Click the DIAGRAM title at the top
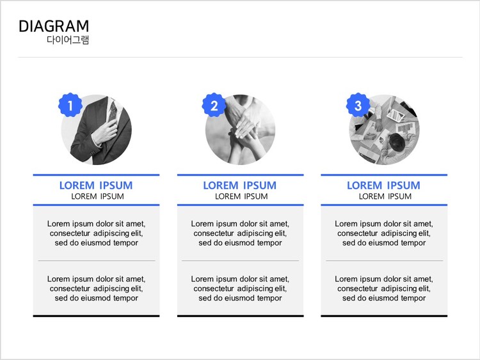(54, 26)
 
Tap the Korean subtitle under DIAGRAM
(68, 40)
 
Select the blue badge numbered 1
(70, 105)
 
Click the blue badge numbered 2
(214, 105)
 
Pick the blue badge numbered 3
(358, 105)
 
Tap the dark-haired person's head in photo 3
(397, 141)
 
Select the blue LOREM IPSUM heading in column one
(96, 185)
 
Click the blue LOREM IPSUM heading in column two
(240, 185)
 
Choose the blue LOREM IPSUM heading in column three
(383, 185)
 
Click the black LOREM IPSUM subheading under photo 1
(98, 196)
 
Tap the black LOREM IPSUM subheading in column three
(385, 196)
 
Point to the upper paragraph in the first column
(97, 233)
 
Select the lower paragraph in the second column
(240, 288)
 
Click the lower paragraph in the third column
(384, 288)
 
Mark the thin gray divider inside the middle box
(240, 261)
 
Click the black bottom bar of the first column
(96, 316)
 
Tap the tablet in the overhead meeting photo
(396, 115)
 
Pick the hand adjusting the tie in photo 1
(105, 132)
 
